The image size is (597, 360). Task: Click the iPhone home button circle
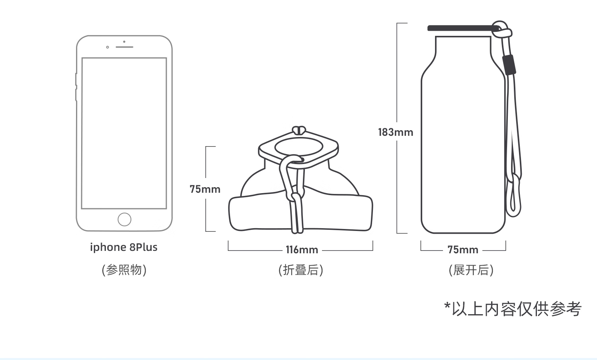[124, 219]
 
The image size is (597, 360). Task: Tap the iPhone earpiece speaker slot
[124, 47]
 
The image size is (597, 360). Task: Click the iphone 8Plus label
[124, 247]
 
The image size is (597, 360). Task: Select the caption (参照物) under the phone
[124, 270]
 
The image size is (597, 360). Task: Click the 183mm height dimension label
[396, 132]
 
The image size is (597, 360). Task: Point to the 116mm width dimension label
[302, 250]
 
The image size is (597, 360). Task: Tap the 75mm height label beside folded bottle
[205, 189]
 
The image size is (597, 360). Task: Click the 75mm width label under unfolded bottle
[463, 250]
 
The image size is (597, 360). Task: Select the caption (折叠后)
[301, 270]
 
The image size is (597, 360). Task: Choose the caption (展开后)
[471, 270]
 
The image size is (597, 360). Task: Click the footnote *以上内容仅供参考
[513, 309]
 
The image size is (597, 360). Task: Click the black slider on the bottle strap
[509, 65]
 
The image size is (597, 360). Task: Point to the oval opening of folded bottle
[298, 146]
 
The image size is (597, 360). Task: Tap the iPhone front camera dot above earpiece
[124, 41]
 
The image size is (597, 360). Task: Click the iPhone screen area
[124, 133]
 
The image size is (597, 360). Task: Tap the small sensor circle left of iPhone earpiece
[107, 47]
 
